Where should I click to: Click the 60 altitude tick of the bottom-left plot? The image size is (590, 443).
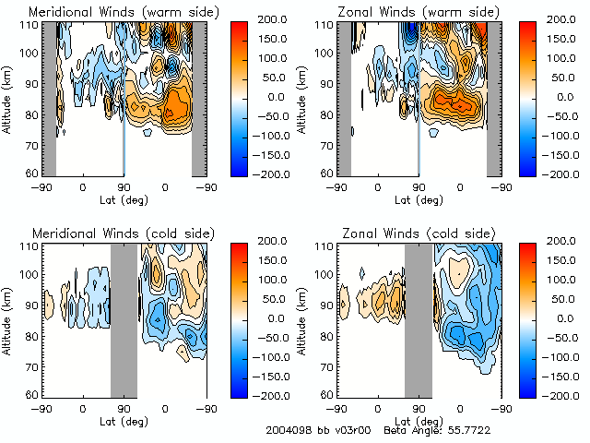point(32,394)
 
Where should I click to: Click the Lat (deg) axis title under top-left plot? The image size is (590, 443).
point(124,198)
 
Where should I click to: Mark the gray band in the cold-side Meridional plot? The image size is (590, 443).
point(124,318)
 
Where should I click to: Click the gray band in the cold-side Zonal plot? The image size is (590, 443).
point(419,318)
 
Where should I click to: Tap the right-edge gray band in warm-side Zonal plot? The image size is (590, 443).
point(493,97)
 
